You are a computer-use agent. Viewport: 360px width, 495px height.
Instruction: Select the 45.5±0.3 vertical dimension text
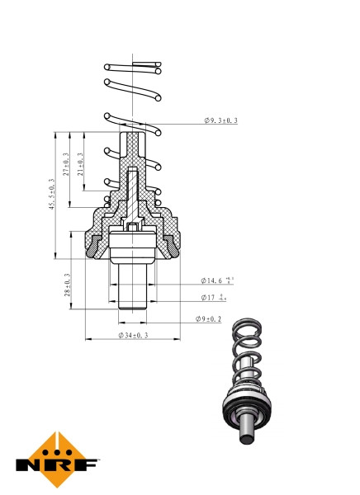click(52, 195)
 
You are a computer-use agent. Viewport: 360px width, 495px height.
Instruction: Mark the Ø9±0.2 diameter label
click(209, 318)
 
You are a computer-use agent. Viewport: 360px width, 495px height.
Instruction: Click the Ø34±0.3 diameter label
click(133, 335)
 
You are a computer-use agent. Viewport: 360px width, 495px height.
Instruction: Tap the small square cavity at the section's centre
click(133, 226)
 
